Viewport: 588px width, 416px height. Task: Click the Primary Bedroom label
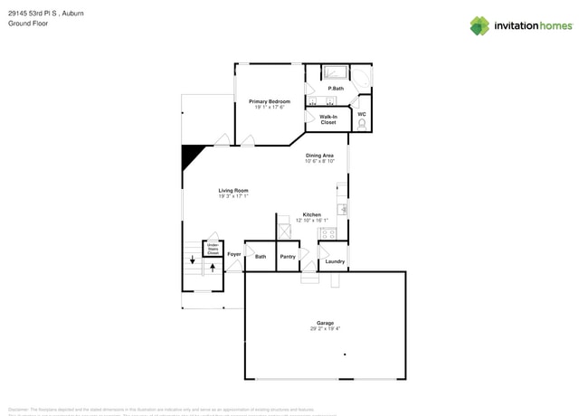click(270, 101)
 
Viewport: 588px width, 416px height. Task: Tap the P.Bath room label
click(336, 89)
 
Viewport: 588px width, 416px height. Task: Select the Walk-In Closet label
click(328, 119)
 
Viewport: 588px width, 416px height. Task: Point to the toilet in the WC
click(362, 125)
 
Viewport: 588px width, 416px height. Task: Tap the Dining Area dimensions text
click(319, 161)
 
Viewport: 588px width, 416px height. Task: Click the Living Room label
click(232, 191)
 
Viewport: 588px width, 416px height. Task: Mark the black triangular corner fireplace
click(192, 156)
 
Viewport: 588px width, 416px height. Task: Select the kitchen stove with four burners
click(327, 233)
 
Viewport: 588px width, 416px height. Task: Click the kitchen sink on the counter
click(343, 209)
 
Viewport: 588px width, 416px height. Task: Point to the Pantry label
click(288, 257)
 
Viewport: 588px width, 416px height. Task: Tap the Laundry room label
click(335, 261)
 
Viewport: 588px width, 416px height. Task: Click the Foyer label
click(234, 254)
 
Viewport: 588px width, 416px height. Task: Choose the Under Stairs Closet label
click(213, 249)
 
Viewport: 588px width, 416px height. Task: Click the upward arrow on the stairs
click(213, 267)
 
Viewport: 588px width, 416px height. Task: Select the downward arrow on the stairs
click(192, 260)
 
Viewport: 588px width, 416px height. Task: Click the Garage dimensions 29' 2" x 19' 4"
click(325, 329)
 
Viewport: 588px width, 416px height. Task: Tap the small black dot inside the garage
click(345, 355)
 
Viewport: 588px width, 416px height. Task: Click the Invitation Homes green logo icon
click(479, 26)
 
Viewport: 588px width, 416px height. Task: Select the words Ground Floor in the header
click(28, 24)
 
